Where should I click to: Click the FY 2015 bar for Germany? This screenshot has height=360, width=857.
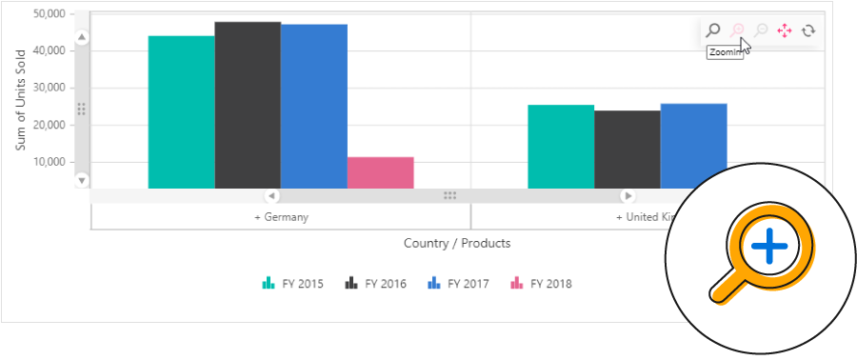[x=181, y=112]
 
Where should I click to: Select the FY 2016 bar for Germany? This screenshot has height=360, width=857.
[x=248, y=105]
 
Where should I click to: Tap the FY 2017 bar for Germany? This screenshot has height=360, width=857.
[x=314, y=107]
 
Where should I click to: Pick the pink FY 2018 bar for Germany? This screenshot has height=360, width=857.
[x=380, y=172]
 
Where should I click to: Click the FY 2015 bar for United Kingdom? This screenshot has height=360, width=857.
[x=561, y=147]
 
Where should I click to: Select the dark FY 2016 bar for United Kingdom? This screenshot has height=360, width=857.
[x=627, y=150]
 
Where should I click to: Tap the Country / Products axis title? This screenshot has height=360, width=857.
[x=457, y=243]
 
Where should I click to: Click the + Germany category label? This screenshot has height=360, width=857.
[x=281, y=217]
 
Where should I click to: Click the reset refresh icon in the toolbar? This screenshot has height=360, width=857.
[x=808, y=30]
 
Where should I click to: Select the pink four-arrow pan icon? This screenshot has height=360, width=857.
[x=785, y=30]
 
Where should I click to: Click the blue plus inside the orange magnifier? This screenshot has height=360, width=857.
[x=769, y=248]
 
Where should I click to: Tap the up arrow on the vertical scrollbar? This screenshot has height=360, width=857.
[x=82, y=38]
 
